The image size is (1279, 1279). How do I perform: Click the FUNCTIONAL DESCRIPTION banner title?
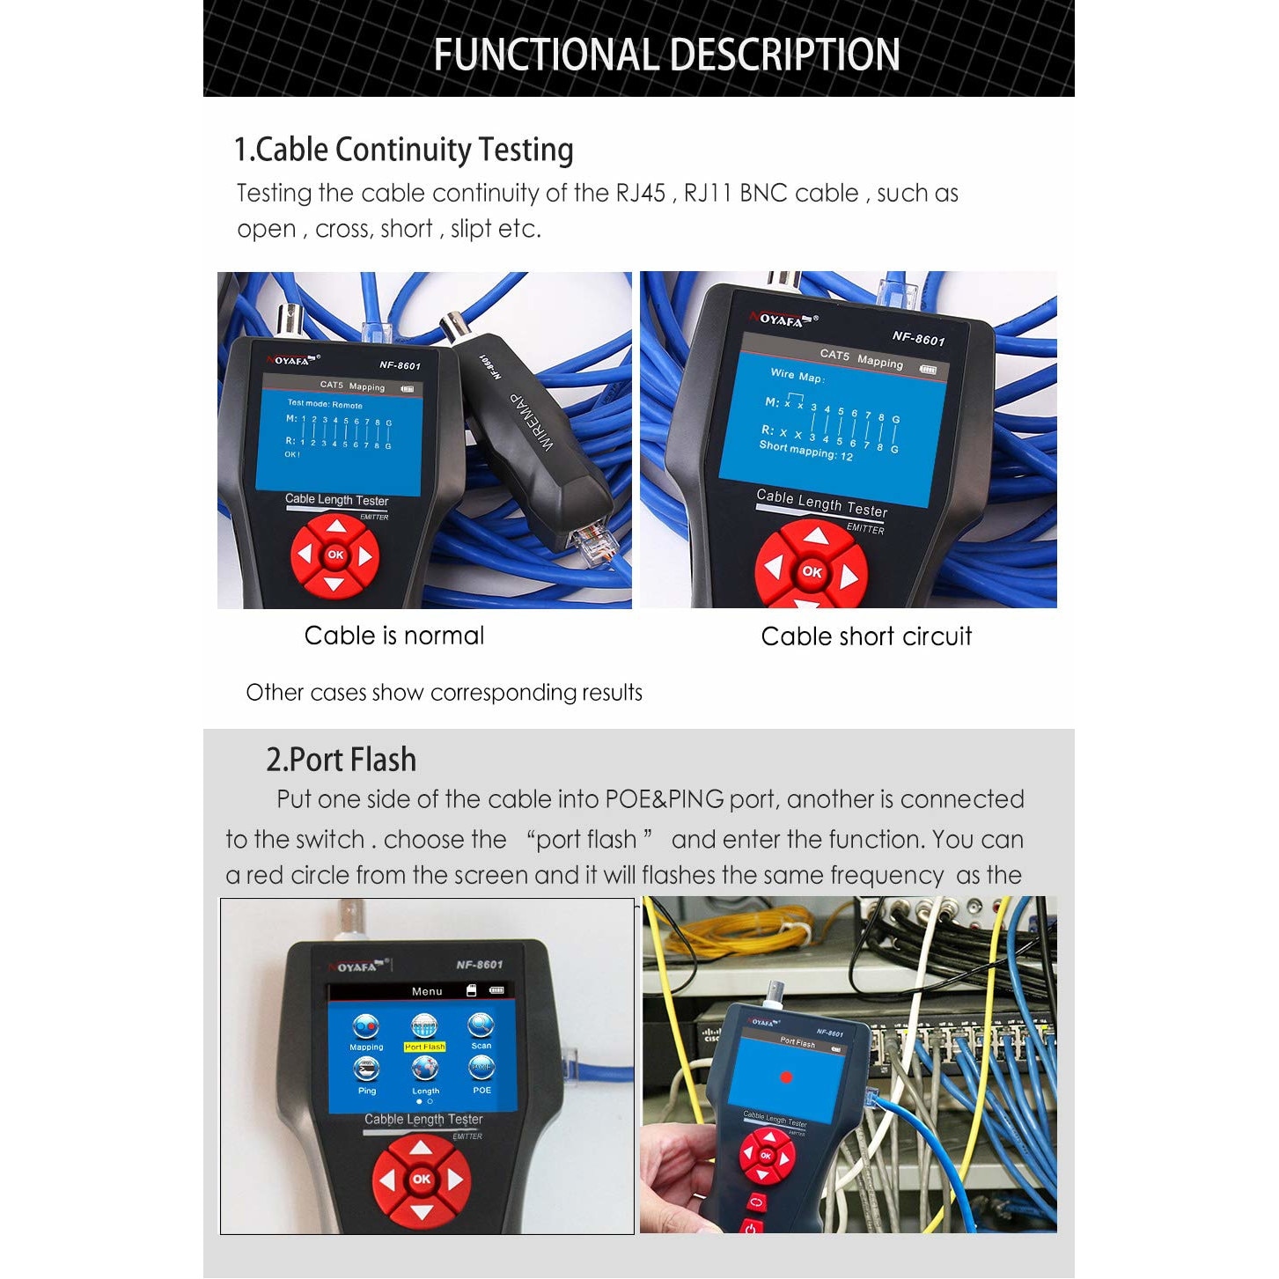pyautogui.click(x=666, y=55)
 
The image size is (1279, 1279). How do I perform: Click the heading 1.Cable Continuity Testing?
pyautogui.click(x=403, y=150)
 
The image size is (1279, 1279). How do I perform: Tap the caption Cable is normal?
pyautogui.click(x=393, y=636)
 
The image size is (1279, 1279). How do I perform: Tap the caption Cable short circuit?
pyautogui.click(x=866, y=636)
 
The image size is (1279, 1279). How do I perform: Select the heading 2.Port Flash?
pyautogui.click(x=341, y=760)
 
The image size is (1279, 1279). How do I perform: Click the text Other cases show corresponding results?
pyautogui.click(x=444, y=693)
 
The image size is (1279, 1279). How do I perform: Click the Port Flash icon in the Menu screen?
pyautogui.click(x=424, y=1027)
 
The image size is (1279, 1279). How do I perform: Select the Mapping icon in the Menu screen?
pyautogui.click(x=366, y=1027)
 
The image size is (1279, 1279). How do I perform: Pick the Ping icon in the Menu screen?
pyautogui.click(x=366, y=1070)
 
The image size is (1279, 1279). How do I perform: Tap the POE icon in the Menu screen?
pyautogui.click(x=481, y=1069)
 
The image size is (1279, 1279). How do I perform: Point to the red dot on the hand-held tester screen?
pyautogui.click(x=786, y=1077)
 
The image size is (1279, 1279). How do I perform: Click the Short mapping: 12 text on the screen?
pyautogui.click(x=805, y=450)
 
